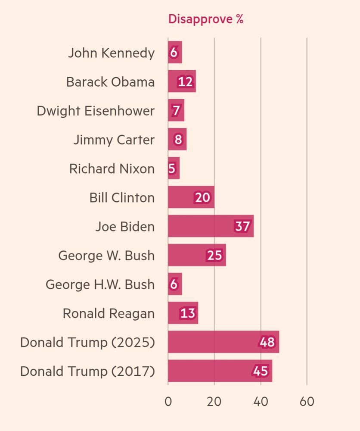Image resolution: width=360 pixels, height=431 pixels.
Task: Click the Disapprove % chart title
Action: pos(205,19)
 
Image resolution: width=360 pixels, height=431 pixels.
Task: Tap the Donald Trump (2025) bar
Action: pos(223,342)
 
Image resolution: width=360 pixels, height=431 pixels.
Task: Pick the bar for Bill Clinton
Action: pos(191,197)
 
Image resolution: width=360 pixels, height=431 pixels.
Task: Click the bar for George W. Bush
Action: pos(196,255)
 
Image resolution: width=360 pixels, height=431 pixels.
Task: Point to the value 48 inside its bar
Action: pos(267,342)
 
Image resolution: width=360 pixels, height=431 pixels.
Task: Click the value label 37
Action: pos(242,226)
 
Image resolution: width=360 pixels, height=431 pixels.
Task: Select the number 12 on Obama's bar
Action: pos(185,81)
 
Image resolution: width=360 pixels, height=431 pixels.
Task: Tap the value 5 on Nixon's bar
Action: pos(172,169)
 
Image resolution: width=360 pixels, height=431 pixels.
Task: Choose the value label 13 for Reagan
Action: pos(188,313)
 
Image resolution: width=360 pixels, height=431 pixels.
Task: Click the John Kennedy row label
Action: pos(111,53)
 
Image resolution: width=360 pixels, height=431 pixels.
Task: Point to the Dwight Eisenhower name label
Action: pos(96,111)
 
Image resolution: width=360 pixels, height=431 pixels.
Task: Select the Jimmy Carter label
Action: pos(114,140)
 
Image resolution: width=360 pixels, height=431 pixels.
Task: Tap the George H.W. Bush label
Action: pos(100,284)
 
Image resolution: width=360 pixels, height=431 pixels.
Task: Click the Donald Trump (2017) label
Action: pos(87,371)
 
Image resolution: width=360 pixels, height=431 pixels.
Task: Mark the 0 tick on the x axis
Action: pos(168,402)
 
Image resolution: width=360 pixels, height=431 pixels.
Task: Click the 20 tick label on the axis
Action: pos(214,402)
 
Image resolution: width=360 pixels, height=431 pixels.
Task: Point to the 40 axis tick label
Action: pos(261,402)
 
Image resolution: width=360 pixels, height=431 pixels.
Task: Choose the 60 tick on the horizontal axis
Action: pos(307,402)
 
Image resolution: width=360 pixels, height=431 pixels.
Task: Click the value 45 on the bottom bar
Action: pos(261,371)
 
